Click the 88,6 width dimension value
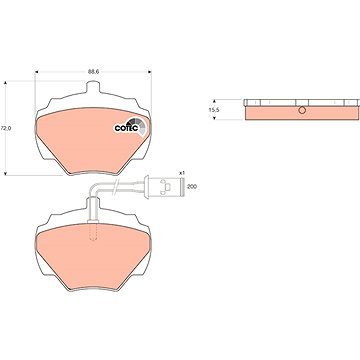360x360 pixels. (94, 71)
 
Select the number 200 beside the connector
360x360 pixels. (192, 187)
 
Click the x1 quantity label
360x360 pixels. (182, 173)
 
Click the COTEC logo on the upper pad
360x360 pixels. (129, 126)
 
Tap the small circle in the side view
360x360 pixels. (302, 110)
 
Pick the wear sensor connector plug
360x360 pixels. (164, 186)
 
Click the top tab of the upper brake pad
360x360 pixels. (93, 88)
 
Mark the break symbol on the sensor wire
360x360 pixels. (115, 186)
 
